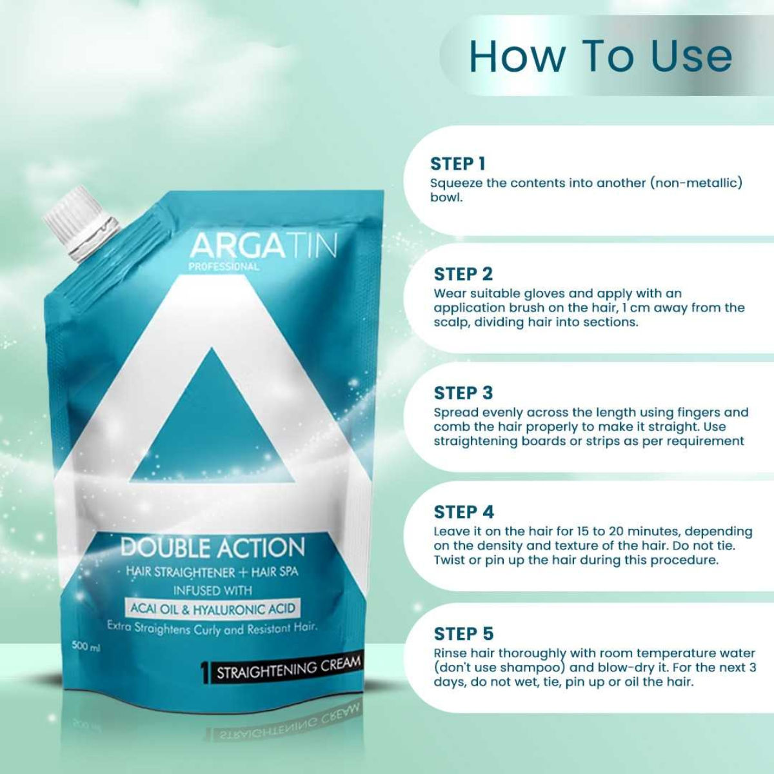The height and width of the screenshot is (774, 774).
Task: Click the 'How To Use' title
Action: coord(600,55)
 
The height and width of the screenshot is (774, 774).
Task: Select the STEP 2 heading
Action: coord(462,274)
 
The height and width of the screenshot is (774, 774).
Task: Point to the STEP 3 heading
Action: coord(462,393)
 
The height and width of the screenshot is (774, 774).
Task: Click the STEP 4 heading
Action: coord(463,512)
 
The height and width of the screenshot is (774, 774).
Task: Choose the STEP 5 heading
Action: coord(463,633)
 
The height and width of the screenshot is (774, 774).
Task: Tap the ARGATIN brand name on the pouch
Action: coord(263,246)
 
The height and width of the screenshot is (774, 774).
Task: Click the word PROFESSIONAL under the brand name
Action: coord(224,266)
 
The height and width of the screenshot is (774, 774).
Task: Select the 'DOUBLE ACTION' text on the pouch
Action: coord(213,548)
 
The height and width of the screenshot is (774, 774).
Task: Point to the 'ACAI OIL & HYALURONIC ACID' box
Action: coord(213,608)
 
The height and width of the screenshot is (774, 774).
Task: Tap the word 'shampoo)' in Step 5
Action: coord(535,668)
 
